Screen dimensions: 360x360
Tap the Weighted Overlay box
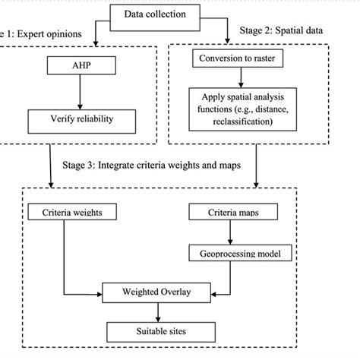point(157,291)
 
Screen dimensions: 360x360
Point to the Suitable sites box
point(157,331)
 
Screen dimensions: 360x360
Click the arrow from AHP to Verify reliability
point(79,93)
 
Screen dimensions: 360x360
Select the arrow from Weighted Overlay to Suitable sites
point(157,311)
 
